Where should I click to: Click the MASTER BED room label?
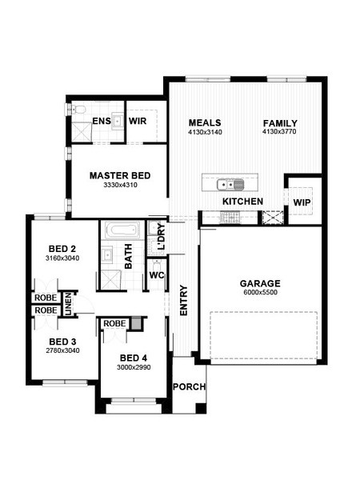pos(120,176)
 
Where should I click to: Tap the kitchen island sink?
pos(230,185)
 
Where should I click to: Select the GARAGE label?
pos(260,283)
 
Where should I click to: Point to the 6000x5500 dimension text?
pos(261,292)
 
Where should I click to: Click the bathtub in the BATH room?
pos(122,229)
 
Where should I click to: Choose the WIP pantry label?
pos(302,202)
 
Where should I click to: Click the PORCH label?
pos(189,387)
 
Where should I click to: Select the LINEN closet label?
pos(68,304)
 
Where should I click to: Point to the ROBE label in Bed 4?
pos(114,323)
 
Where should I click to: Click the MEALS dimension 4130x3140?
pos(205,132)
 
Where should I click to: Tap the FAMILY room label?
pos(280,123)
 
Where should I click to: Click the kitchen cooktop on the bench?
pos(230,218)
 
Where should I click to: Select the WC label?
pos(157,275)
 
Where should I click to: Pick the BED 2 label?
pos(62,249)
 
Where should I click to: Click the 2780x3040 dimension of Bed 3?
pos(62,351)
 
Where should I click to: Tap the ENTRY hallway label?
pos(183,300)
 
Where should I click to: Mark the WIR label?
pos(138,121)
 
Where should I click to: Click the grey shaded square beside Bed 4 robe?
pos(136,323)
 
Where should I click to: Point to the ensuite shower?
pos(82,132)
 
